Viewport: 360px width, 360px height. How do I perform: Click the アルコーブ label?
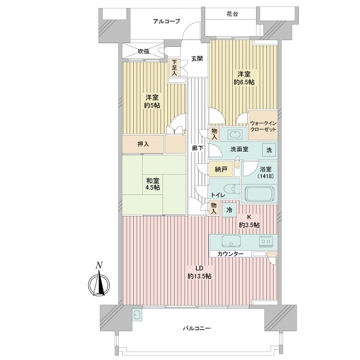pyautogui.click(x=166, y=22)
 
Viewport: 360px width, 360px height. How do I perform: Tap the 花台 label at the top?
pyautogui.click(x=232, y=14)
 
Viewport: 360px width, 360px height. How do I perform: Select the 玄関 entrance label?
pyautogui.click(x=197, y=59)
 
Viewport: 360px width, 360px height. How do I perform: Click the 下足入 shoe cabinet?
pyautogui.click(x=174, y=68)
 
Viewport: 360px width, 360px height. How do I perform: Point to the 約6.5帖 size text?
pyautogui.click(x=244, y=82)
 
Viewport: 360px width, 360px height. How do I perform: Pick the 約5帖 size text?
pyautogui.click(x=152, y=106)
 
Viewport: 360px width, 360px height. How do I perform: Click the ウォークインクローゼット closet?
pyautogui.click(x=263, y=125)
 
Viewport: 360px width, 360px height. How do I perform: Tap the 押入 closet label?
pyautogui.click(x=143, y=144)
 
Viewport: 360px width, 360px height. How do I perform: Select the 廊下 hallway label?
pyautogui.click(x=197, y=148)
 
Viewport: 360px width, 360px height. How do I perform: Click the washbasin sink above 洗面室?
pyautogui.click(x=234, y=134)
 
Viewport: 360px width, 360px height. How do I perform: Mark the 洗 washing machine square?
pyautogui.click(x=269, y=150)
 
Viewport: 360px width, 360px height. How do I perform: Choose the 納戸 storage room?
pyautogui.click(x=221, y=169)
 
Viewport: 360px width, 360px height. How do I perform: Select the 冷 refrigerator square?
pyautogui.click(x=229, y=210)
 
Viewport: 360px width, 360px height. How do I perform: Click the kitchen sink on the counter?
pyautogui.click(x=231, y=241)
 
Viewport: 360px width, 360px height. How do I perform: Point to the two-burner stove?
pyautogui.click(x=266, y=241)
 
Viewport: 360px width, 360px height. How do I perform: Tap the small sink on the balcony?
pyautogui.click(x=137, y=315)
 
